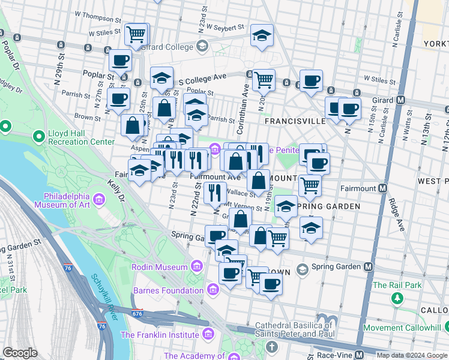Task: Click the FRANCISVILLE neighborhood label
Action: point(295,121)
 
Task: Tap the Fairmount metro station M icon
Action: point(382,187)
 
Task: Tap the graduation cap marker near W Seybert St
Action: point(262,35)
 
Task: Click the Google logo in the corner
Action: point(20,353)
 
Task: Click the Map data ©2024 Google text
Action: point(412,355)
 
